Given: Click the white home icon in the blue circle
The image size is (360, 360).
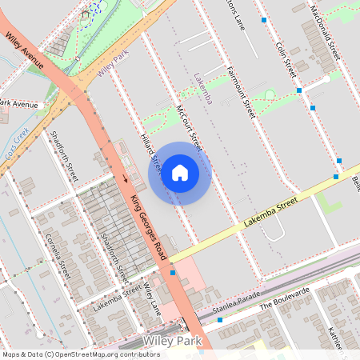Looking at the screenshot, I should pos(179,173).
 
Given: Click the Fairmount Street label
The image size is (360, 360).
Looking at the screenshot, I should pos(240,92).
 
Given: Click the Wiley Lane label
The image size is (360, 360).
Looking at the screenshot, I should pos(152,297).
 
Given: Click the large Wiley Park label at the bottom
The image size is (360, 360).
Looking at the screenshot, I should pos(170,341).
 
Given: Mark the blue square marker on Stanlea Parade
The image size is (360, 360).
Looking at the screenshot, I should pos(219,319).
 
